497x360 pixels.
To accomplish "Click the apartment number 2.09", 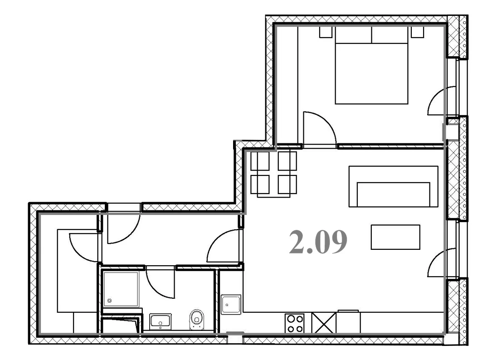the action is tap(318, 242).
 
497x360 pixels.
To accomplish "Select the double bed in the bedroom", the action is tap(371, 65).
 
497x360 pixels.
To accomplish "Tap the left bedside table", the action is tap(326, 32).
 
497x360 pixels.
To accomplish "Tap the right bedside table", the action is tap(418, 32).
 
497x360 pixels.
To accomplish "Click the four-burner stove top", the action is tap(294, 323).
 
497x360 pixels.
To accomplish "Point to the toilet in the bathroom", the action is tap(197, 320).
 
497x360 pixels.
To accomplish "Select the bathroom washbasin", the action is tap(160, 321).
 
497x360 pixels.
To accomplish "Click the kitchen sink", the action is tap(231, 304).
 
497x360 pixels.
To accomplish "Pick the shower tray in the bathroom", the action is tap(121, 289).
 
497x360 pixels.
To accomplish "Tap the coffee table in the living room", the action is tap(395, 237).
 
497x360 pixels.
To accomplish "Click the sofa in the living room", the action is tap(393, 186).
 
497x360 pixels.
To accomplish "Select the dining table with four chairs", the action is tap(274, 173).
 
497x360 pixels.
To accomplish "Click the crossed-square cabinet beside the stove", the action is tap(324, 323).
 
